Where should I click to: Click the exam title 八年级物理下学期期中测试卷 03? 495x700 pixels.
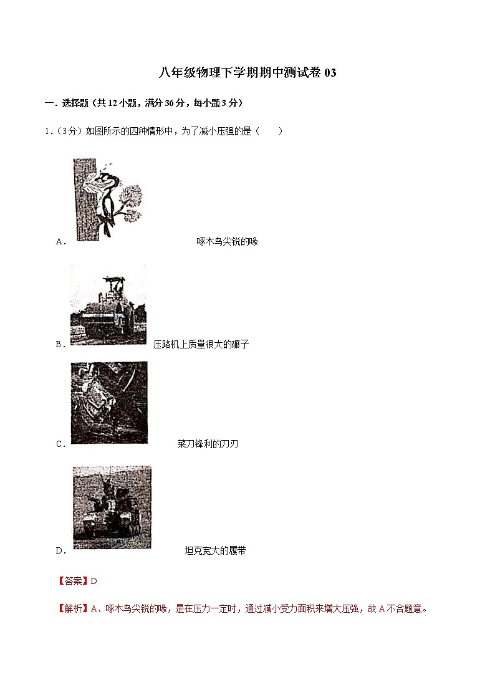pos(247,73)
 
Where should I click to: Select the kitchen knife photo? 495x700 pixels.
pos(109,402)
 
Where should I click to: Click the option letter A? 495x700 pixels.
pos(60,242)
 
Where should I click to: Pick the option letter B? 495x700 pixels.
pos(60,344)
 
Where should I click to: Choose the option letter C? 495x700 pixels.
pos(60,444)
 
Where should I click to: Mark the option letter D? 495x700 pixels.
pos(60,550)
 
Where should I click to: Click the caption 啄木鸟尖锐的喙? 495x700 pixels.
pos(227,242)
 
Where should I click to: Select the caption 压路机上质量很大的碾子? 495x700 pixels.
pos(201,344)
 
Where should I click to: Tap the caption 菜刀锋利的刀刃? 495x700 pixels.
pos(208,444)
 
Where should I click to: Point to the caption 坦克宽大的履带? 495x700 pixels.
pos(215,550)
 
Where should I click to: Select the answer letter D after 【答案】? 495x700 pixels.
pos(94,581)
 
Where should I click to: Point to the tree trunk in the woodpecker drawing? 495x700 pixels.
pos(82,199)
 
